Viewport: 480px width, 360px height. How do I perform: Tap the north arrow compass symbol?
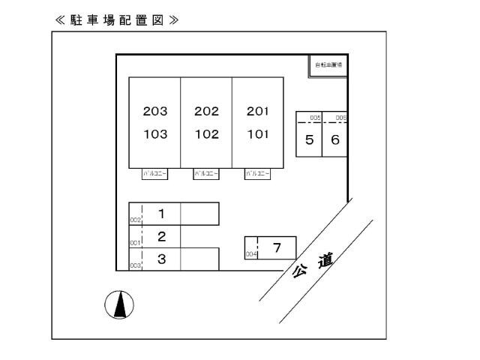tap(118, 304)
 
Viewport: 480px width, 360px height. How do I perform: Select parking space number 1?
tap(161, 214)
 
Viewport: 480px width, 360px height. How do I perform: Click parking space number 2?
tap(161, 237)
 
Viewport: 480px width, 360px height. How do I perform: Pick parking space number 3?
tap(161, 259)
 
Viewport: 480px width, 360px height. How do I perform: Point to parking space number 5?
tap(309, 139)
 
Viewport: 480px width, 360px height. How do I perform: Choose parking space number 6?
tap(335, 139)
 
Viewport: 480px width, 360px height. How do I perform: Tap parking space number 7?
tap(277, 247)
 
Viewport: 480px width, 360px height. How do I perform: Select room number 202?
tap(206, 112)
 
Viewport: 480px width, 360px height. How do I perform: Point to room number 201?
tap(257, 112)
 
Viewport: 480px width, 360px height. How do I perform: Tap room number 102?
tap(206, 135)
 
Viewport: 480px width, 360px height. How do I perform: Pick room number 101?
tap(257, 135)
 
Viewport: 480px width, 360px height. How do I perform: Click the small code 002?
tap(135, 220)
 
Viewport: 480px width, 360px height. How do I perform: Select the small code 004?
tap(251, 254)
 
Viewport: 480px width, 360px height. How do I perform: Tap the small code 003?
tap(135, 265)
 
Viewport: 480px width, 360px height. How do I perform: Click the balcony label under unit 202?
tap(206, 174)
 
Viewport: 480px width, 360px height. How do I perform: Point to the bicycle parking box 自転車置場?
tap(328, 65)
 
